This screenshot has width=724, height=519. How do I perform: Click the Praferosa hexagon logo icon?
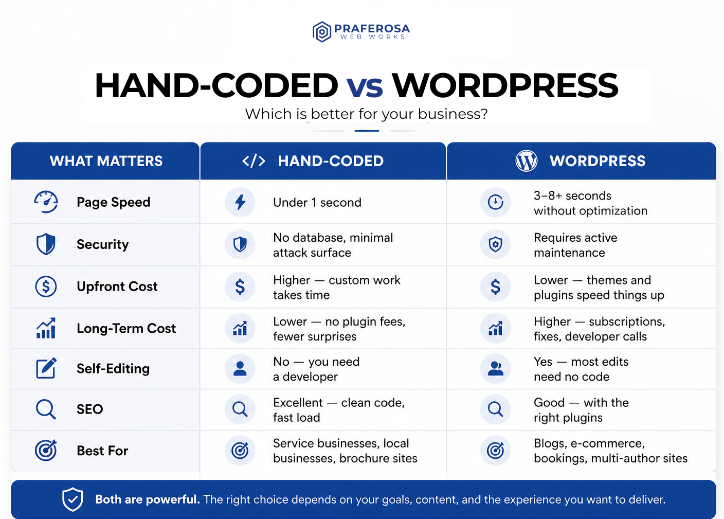point(322,32)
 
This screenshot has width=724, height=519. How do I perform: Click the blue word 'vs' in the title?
point(365,86)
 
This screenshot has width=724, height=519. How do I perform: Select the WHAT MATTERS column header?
point(106,161)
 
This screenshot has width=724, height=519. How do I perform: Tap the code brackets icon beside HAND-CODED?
point(254,161)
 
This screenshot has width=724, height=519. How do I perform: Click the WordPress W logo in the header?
point(526,161)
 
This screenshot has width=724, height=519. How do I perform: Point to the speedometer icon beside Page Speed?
point(46,202)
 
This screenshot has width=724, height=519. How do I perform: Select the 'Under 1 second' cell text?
point(317,203)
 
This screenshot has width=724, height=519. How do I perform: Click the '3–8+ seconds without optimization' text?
point(590,203)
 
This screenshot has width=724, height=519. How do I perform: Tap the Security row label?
point(102,244)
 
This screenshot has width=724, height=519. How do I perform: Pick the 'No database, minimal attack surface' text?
point(333,245)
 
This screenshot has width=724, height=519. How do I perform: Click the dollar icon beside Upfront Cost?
point(46,287)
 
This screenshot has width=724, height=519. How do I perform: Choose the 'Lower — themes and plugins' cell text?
point(599,288)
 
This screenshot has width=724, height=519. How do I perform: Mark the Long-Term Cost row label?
point(126,328)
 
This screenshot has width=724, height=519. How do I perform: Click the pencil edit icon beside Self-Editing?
point(46,368)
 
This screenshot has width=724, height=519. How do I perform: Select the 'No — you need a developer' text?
point(316,369)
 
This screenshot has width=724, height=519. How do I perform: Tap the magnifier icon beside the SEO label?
point(46,409)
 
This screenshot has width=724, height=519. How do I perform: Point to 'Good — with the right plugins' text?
point(581,410)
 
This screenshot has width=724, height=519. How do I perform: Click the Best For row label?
point(102,451)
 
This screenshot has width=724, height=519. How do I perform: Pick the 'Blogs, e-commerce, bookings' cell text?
point(610,451)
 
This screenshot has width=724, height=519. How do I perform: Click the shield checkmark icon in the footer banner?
point(73,499)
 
